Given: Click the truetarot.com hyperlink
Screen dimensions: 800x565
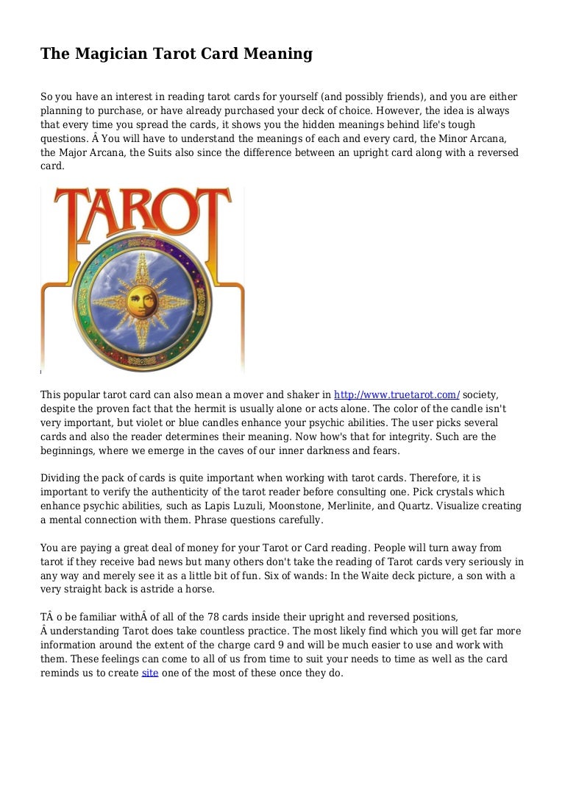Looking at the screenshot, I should coord(397,394).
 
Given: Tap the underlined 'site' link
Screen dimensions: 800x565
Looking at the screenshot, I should coord(149,673).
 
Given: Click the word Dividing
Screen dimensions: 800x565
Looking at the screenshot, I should coord(61,478).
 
